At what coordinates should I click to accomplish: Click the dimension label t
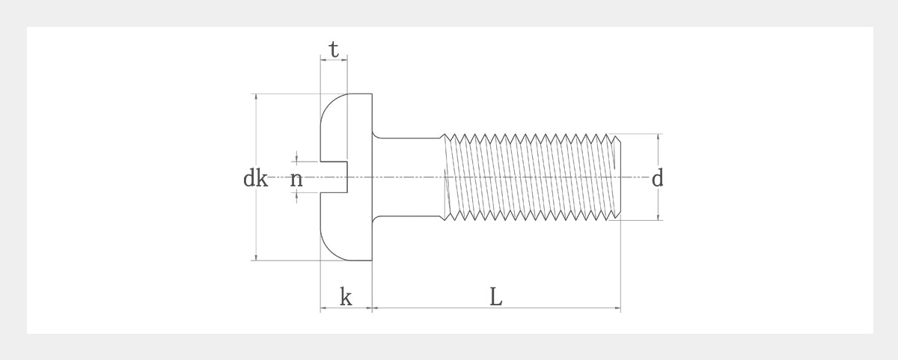pos(334,49)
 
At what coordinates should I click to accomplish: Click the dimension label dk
pos(255,179)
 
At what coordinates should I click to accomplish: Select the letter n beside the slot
pos(296,179)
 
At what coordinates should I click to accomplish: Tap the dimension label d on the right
pos(657,179)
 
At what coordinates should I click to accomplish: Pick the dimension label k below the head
pos(346,297)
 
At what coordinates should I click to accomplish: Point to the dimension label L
pos(496,297)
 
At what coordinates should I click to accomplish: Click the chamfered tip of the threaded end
pos(617,177)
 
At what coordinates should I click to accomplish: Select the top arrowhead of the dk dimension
pos(256,97)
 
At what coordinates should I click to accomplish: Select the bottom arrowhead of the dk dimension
pos(256,257)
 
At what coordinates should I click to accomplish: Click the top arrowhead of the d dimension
pos(659,138)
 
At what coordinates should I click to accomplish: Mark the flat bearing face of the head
pos(372,240)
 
